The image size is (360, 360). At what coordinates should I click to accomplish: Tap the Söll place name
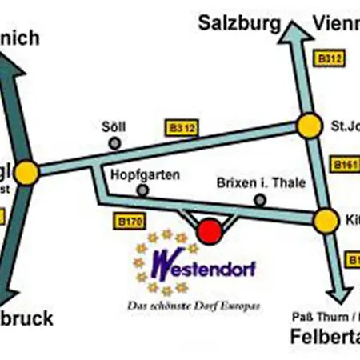(x=114, y=126)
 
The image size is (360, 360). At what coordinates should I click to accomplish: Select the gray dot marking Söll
(x=115, y=143)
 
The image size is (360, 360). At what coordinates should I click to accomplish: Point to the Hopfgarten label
(x=145, y=174)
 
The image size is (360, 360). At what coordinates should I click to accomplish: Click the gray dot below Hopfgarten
(x=142, y=190)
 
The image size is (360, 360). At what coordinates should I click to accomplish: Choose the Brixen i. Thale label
(x=261, y=182)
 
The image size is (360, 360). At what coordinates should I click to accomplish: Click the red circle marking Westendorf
(x=210, y=231)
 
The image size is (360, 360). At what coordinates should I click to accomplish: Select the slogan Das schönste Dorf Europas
(x=194, y=306)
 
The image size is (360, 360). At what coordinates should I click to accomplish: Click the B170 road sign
(x=130, y=222)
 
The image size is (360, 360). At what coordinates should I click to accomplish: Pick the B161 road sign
(x=345, y=165)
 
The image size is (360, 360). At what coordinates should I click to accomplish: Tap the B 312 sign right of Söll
(x=182, y=126)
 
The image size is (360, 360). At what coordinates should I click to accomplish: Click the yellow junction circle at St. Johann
(x=309, y=126)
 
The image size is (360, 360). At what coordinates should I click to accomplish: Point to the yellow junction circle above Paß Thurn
(x=325, y=221)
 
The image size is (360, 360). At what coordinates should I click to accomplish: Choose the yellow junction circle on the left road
(x=26, y=173)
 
